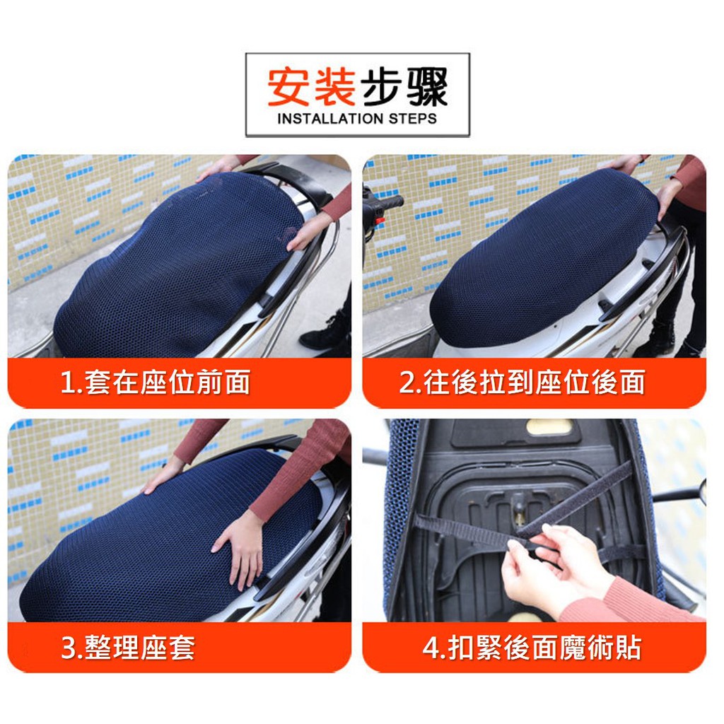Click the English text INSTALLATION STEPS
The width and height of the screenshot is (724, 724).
(x=357, y=119)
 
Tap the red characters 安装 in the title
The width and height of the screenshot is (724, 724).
(x=312, y=87)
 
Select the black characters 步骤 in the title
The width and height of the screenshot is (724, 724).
(x=403, y=87)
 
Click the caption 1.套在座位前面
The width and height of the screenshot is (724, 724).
(x=156, y=382)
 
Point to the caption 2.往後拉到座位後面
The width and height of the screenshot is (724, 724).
(x=522, y=382)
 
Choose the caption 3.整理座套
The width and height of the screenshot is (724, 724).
(x=128, y=648)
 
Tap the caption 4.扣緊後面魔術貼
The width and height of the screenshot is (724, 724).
(x=532, y=648)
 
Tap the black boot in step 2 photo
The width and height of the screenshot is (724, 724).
(x=655, y=337)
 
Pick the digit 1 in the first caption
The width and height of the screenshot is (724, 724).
(x=67, y=383)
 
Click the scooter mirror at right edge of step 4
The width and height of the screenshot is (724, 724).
(x=703, y=493)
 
